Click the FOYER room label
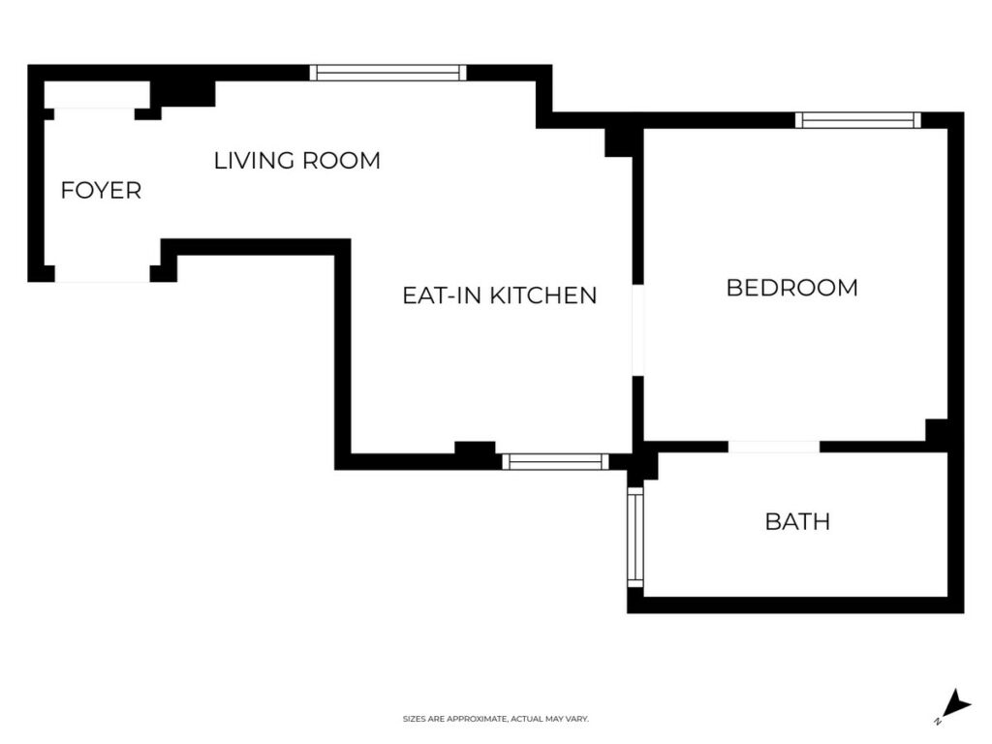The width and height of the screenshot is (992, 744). pos(101,190)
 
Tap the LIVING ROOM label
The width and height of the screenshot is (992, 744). pos(296,160)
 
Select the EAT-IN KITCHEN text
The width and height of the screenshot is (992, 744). pos(499,295)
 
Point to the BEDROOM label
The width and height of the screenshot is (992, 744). pos(792,288)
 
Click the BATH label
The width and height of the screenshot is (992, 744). pos(797,521)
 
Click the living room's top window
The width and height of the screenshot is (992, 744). pos(387,73)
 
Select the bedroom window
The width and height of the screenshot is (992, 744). pos(858,120)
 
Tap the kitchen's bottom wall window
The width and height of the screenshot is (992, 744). pos(555,462)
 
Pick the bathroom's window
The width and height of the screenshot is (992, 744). pos(635,537)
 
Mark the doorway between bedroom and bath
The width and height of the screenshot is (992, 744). pos(774,447)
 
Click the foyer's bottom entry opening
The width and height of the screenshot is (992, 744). pos(103,274)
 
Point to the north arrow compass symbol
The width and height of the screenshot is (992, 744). pos(955,705)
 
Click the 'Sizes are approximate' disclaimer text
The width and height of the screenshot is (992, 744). pos(496,719)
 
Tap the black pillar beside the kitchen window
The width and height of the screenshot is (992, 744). pos(475,449)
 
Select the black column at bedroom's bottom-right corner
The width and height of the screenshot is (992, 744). pos(937,429)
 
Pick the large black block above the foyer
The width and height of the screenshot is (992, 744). pos(183,94)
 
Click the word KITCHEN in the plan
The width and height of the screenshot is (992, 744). pos(544,295)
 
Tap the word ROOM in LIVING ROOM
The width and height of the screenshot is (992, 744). pos(341,160)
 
